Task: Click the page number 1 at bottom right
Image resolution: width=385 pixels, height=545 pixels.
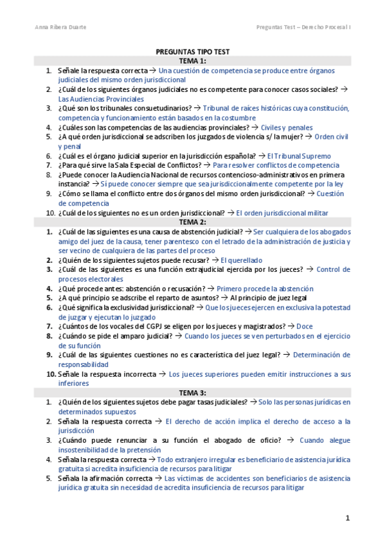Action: (347, 518)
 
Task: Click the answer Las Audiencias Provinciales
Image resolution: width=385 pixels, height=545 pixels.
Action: (101, 99)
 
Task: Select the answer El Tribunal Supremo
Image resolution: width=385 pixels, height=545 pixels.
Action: (299, 156)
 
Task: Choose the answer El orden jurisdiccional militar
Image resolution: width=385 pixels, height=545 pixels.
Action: (282, 213)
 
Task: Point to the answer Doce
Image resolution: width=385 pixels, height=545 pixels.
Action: (305, 326)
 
